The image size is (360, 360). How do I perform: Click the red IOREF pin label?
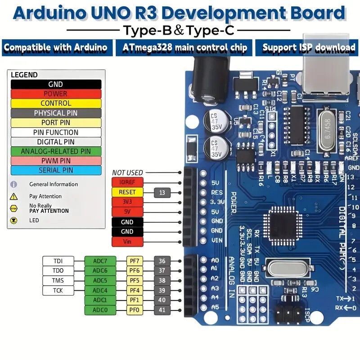pos(127,182)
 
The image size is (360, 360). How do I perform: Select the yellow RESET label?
pos(127,192)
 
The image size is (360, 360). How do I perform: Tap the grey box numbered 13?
pos(162,193)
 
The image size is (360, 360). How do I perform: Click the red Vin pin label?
pos(127,242)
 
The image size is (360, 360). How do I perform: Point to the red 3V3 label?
pos(127,202)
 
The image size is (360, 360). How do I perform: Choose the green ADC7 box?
pos(100,261)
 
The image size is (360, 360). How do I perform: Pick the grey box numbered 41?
pos(162,310)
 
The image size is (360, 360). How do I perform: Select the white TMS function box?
pos(58,280)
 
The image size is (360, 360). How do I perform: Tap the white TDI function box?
pos(58,261)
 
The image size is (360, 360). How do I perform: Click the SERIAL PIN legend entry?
pos(56,170)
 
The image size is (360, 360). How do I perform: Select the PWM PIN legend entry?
pos(56,161)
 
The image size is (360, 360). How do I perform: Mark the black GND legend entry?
pos(56,84)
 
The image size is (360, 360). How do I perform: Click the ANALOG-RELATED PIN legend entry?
pos(56,151)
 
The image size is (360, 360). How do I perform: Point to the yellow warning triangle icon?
pos(13,196)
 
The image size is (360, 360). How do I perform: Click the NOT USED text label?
pos(127,172)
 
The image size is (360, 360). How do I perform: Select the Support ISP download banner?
pos(309,47)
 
